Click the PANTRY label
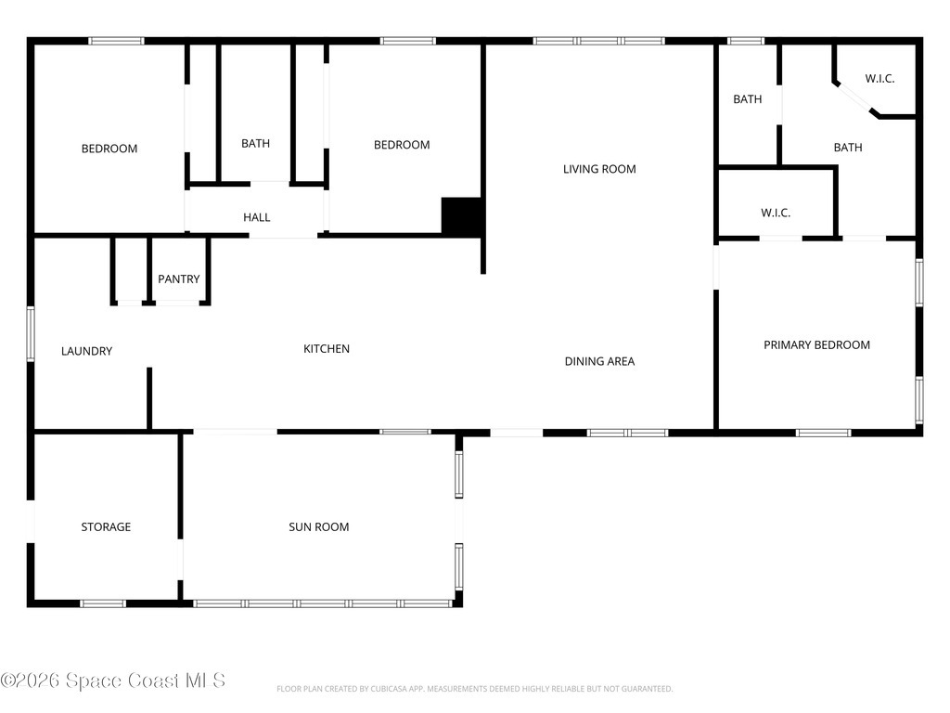(179, 279)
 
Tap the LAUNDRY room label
(86, 351)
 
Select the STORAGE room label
(106, 527)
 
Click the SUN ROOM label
(319, 527)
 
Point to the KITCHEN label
(327, 349)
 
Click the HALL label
(257, 217)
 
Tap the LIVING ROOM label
(599, 169)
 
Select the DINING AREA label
(600, 361)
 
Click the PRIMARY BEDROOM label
(816, 345)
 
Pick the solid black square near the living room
(462, 215)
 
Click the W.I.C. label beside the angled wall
(879, 78)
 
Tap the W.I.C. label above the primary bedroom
(776, 213)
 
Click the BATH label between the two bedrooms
(256, 143)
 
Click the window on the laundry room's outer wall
(31, 334)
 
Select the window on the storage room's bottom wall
(103, 603)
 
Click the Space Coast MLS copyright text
(113, 681)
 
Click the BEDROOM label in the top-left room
(109, 149)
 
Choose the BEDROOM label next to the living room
(402, 145)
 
